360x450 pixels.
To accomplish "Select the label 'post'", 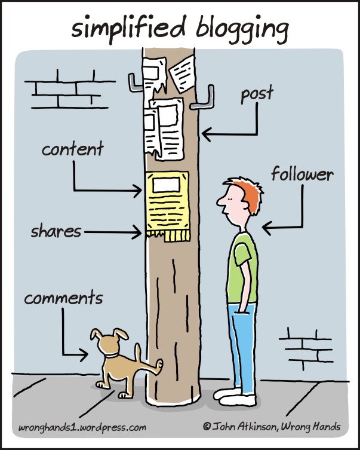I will pyautogui.click(x=257, y=94).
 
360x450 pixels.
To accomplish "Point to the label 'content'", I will pyautogui.click(x=72, y=149).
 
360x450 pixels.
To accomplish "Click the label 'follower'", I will pyautogui.click(x=302, y=175).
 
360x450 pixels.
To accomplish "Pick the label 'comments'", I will pyautogui.click(x=63, y=298).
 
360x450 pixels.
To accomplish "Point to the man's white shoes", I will pyautogui.click(x=236, y=396).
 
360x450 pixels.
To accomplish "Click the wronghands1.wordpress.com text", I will pyautogui.click(x=82, y=427).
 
